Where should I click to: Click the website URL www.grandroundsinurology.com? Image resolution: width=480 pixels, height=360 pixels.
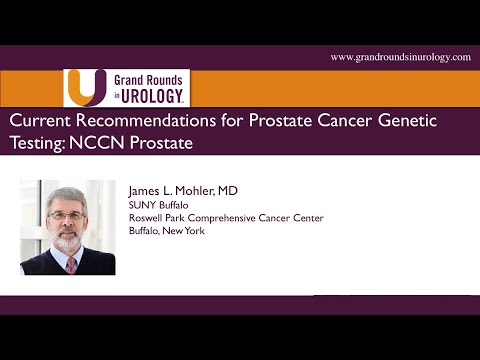[400, 57]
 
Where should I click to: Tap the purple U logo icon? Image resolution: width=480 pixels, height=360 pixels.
[83, 86]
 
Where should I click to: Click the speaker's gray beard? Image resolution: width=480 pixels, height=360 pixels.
[66, 238]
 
